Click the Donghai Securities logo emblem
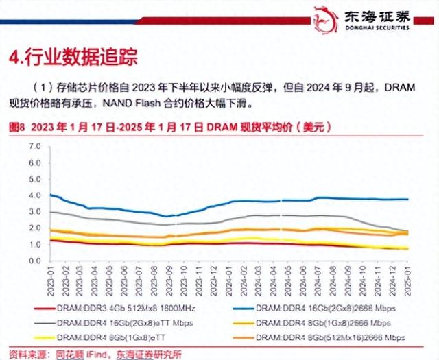328,18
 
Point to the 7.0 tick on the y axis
35,147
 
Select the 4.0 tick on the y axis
35,195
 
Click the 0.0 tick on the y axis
35,261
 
